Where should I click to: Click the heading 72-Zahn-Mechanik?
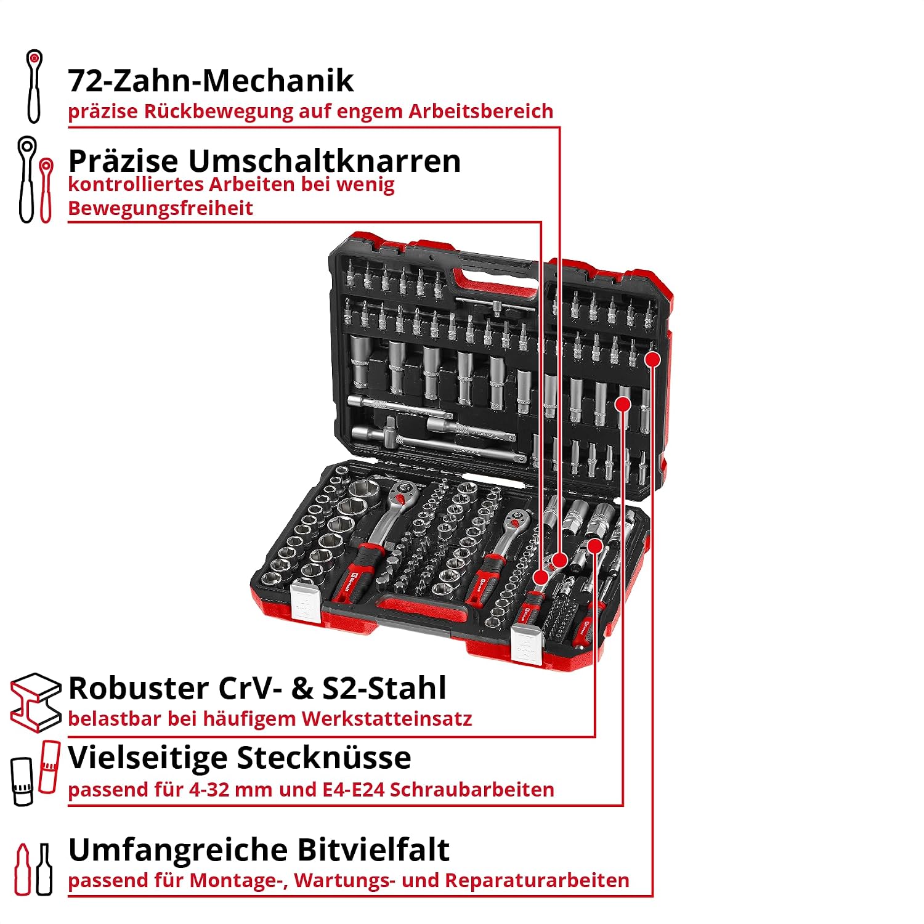point(211,81)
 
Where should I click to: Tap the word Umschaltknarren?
point(325,161)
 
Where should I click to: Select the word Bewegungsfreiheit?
point(160,208)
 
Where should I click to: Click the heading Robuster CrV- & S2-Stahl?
point(257,688)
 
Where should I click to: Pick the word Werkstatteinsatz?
point(387,719)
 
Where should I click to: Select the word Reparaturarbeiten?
point(537,881)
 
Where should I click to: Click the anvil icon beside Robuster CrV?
point(36,702)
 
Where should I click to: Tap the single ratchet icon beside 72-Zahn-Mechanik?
point(34,86)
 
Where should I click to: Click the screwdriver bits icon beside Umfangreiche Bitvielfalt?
point(34,869)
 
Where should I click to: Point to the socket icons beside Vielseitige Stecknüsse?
point(36,773)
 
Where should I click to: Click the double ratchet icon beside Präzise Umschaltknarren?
point(36,180)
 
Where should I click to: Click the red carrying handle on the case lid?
point(495,282)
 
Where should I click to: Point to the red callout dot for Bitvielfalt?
point(653,359)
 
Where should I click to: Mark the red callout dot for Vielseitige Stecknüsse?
point(623,404)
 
